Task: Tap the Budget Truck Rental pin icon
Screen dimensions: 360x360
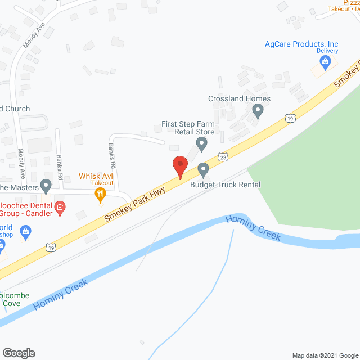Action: pyautogui.click(x=204, y=169)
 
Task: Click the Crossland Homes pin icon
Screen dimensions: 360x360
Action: pyautogui.click(x=258, y=111)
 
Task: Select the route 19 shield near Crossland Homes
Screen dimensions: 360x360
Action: pyautogui.click(x=290, y=118)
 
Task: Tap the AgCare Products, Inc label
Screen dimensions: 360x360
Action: pyautogui.click(x=302, y=44)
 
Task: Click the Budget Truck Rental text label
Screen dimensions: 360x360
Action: pyautogui.click(x=225, y=184)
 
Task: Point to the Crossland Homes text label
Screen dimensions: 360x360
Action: pyautogui.click(x=239, y=99)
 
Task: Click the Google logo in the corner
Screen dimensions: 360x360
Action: pyautogui.click(x=18, y=353)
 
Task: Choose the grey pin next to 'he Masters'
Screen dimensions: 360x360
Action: pyautogui.click(x=46, y=185)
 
